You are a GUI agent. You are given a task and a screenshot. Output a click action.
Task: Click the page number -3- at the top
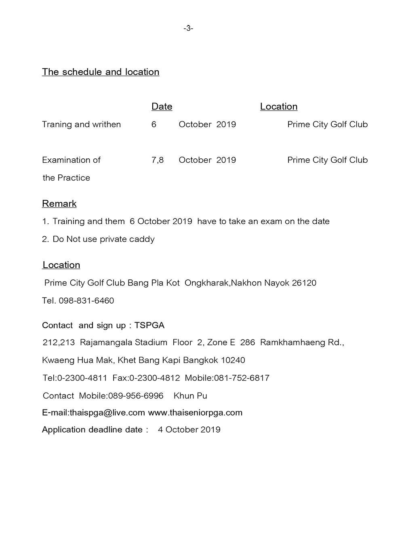(x=188, y=28)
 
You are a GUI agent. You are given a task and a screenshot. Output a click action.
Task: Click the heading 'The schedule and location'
(x=101, y=72)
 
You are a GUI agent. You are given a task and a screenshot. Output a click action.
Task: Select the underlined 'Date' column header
(x=162, y=107)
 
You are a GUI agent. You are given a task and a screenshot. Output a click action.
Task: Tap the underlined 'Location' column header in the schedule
(x=279, y=107)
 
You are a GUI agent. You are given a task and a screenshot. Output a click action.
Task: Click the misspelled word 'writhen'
(x=106, y=124)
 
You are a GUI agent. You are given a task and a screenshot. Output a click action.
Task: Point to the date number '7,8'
(x=158, y=160)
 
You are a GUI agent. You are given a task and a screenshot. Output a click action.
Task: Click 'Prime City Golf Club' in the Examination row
(x=327, y=160)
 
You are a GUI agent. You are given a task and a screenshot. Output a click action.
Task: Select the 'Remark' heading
(x=59, y=204)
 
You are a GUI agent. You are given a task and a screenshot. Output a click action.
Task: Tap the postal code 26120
(x=304, y=283)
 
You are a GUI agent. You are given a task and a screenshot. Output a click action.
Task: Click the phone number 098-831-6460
(x=86, y=300)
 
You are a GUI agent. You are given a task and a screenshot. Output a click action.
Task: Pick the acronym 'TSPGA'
(x=149, y=325)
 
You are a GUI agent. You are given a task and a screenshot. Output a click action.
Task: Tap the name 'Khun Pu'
(x=190, y=396)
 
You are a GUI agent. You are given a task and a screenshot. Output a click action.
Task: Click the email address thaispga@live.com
(x=107, y=413)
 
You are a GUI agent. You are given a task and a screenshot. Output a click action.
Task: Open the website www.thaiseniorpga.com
(x=195, y=413)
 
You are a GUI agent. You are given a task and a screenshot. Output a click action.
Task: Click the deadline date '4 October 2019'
(x=189, y=430)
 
